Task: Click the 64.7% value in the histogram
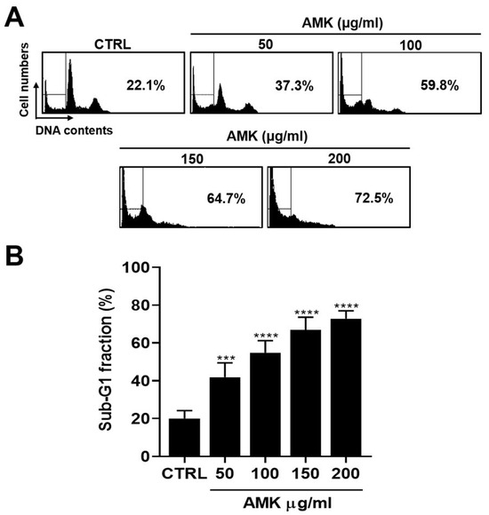click(x=219, y=200)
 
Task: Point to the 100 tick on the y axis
click(x=134, y=267)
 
